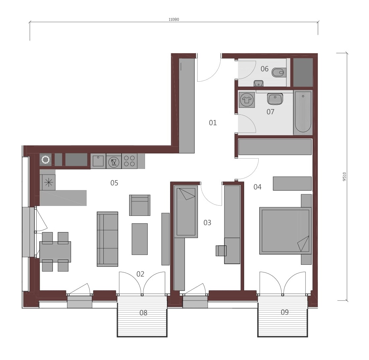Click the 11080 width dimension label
point(174,20)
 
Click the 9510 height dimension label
point(345,177)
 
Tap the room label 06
point(265,69)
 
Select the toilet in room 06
point(279,72)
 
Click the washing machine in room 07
point(247,100)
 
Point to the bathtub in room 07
point(303,112)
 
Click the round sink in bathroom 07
point(275,99)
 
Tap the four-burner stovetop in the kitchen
point(129,161)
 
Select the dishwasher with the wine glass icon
point(114,162)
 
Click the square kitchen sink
point(98,161)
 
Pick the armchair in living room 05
point(139,205)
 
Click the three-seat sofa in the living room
point(107,239)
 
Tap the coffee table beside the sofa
point(139,239)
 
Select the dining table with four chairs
point(55,252)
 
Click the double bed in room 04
point(285,231)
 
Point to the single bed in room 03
point(186,212)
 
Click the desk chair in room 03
point(221,251)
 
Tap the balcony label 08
point(143,313)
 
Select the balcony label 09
point(285,312)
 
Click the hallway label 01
point(213,123)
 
